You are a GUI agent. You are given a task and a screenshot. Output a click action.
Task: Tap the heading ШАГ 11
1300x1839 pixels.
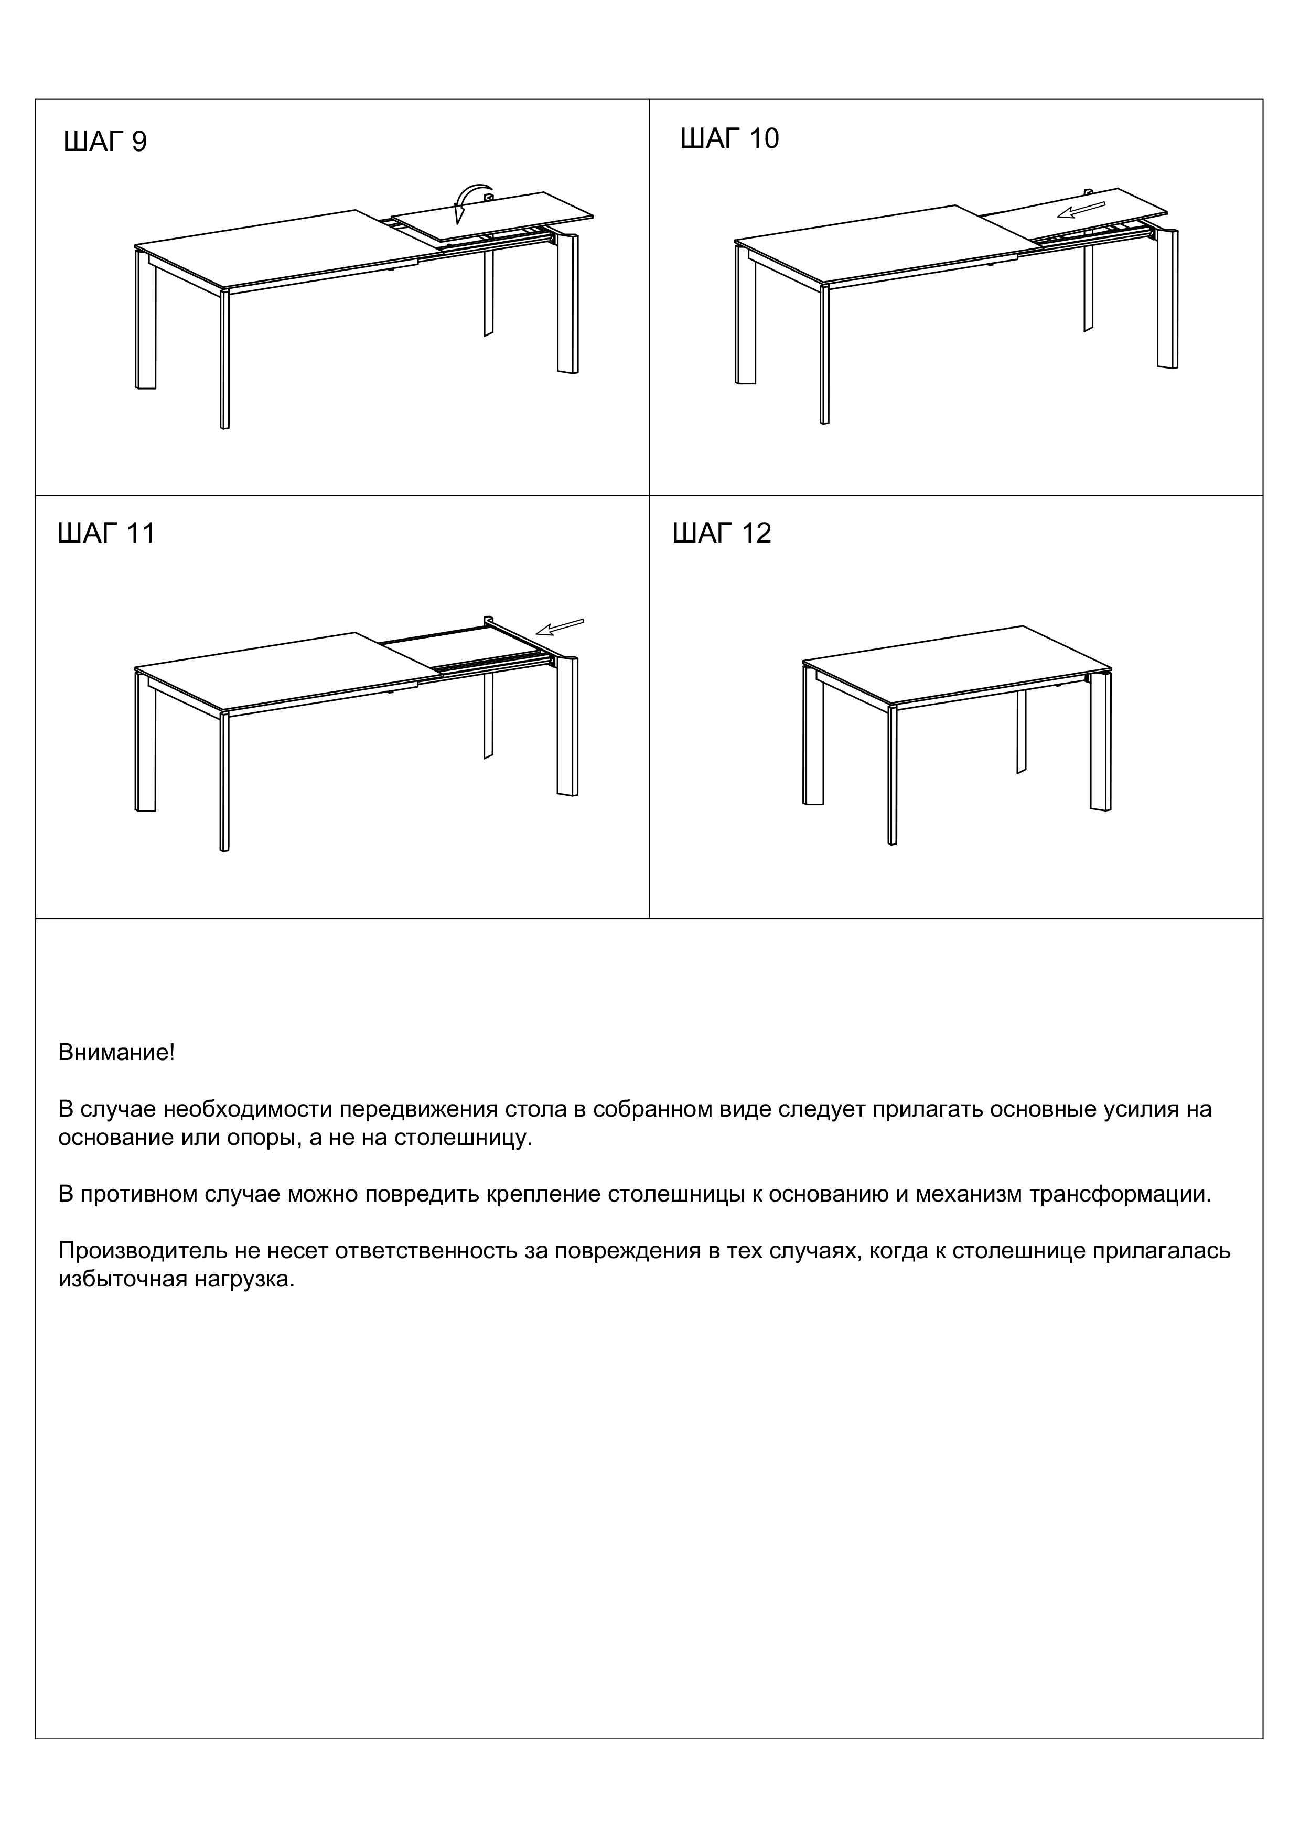point(106,534)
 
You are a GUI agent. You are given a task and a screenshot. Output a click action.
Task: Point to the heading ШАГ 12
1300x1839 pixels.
point(722,534)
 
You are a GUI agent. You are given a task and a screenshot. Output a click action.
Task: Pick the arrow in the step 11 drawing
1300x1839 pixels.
point(560,626)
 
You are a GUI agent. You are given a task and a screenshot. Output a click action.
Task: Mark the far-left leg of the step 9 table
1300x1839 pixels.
point(145,320)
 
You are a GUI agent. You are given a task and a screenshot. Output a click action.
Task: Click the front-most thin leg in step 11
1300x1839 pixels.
point(224,781)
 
